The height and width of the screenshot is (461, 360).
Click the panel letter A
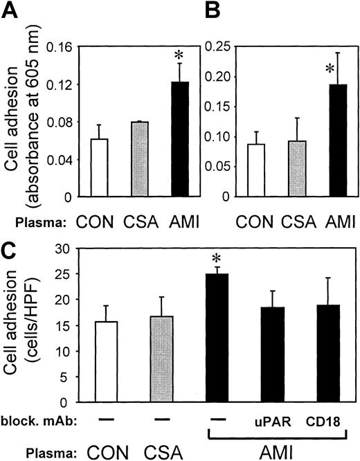[12, 13]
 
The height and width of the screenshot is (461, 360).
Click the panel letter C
[12, 240]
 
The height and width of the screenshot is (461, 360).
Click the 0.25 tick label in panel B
[226, 48]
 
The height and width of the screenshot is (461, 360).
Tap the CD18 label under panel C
[325, 421]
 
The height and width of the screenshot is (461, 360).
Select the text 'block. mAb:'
[34, 420]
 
